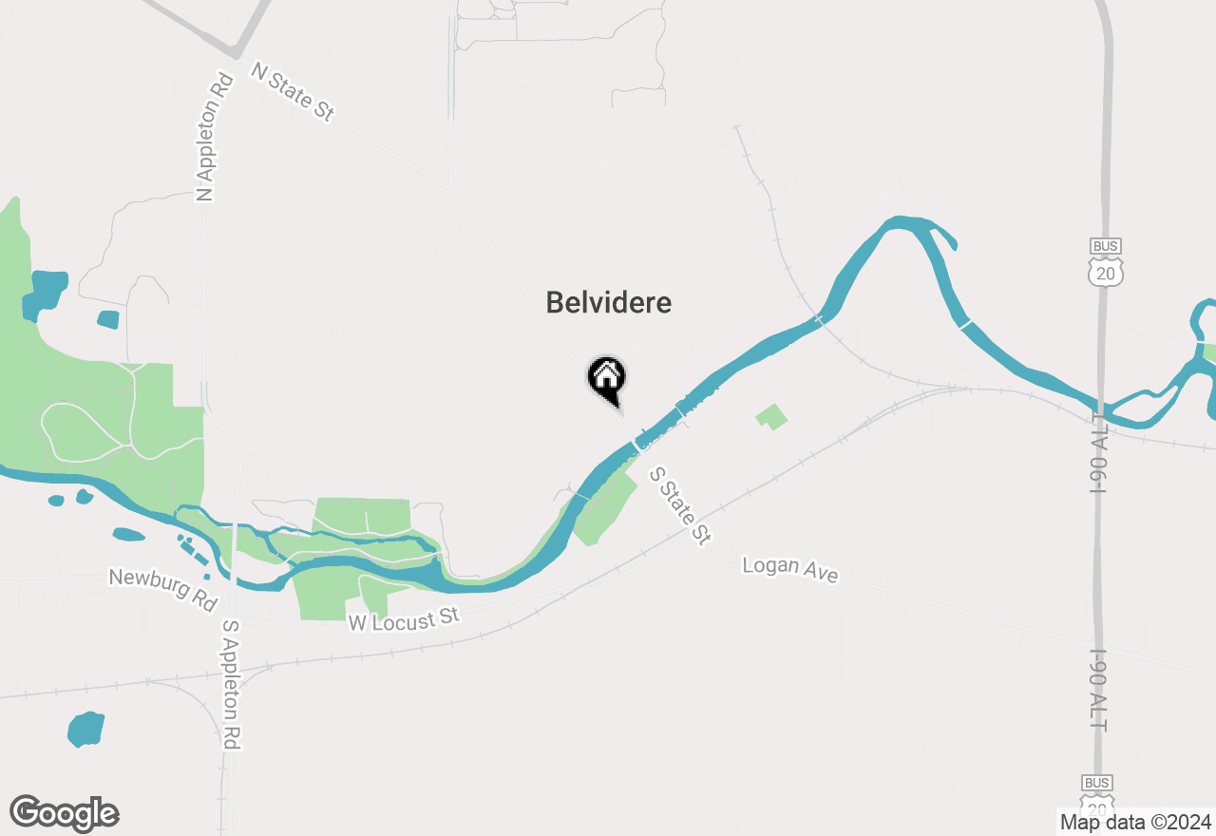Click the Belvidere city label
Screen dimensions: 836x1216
point(608,303)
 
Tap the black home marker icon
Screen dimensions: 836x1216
point(606,378)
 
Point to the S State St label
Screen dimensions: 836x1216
point(680,506)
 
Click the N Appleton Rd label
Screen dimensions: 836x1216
point(215,139)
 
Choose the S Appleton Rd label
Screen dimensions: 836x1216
point(229,684)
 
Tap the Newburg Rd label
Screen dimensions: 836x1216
point(162,590)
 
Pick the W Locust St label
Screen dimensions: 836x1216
point(404,619)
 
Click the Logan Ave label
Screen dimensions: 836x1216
point(790,570)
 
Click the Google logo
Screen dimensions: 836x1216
point(65,814)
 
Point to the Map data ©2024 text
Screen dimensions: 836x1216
point(1136,822)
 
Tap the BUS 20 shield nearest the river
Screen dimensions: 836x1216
point(1106,262)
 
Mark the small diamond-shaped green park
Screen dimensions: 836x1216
point(772,416)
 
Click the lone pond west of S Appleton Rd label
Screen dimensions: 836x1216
point(85,729)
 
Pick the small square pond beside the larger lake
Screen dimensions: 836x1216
point(108,319)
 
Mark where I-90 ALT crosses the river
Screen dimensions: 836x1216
point(1100,404)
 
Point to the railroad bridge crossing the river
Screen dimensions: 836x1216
point(819,319)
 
